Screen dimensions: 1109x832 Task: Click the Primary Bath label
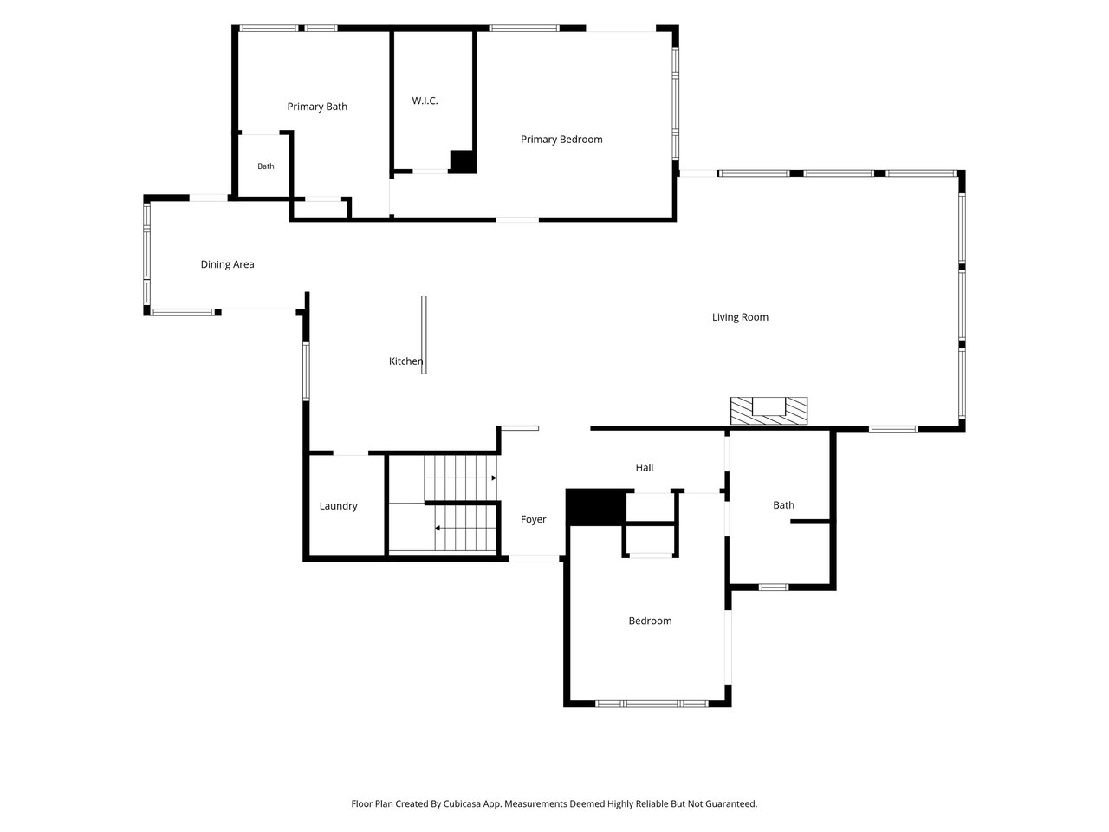(317, 107)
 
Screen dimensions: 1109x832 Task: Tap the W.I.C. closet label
(425, 101)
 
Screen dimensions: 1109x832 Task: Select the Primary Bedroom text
(561, 140)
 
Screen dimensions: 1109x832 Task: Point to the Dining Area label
(227, 264)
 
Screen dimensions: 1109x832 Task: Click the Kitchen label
(405, 361)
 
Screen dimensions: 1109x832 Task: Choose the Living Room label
(740, 317)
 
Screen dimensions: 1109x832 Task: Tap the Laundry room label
(338, 505)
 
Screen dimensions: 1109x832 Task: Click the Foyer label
(533, 519)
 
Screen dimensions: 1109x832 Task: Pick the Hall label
(645, 468)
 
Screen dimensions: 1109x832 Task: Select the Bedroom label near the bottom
(650, 621)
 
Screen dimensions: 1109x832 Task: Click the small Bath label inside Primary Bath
(266, 166)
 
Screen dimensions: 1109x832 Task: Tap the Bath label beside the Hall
(783, 505)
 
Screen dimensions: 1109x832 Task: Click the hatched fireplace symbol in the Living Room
(769, 411)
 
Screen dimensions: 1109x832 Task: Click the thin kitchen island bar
(424, 335)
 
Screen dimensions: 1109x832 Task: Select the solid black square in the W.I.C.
(463, 162)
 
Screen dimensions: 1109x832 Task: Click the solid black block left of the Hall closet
(596, 507)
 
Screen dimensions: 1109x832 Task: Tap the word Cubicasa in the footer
(462, 803)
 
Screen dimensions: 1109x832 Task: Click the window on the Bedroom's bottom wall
(652, 704)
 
